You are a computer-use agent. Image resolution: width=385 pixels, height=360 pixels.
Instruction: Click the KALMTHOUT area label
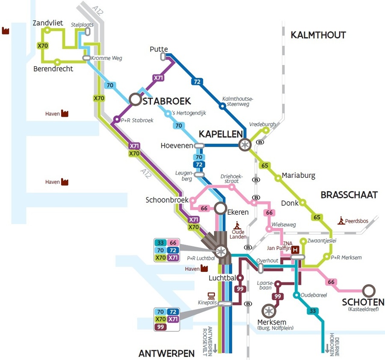[318, 35]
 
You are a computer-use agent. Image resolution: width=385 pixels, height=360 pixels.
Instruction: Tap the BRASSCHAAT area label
[349, 195]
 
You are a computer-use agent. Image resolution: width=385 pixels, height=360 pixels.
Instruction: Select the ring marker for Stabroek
[135, 100]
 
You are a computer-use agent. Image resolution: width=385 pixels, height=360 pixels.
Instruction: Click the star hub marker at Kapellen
[245, 145]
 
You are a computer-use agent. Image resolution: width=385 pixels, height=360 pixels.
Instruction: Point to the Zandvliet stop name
[48, 23]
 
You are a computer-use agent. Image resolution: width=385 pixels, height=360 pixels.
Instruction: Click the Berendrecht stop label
[53, 69]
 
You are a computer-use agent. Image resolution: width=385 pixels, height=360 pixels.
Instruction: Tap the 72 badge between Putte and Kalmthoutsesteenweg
[197, 82]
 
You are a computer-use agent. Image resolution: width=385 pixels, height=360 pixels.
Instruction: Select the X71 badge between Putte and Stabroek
[158, 78]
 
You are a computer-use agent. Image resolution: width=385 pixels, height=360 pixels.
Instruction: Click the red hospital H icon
[295, 249]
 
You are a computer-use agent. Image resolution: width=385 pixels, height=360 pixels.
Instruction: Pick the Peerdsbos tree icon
[341, 220]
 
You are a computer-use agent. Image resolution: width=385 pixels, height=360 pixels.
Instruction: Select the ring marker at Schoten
[368, 291]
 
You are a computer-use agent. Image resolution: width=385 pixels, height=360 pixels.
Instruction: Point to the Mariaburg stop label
[298, 175]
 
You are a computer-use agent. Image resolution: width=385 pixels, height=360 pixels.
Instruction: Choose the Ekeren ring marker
[220, 209]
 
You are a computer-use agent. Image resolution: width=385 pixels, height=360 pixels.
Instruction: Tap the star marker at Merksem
[269, 310]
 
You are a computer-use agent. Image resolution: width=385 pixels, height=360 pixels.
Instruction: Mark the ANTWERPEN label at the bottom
[166, 353]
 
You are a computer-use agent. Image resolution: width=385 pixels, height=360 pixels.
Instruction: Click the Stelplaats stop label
[82, 25]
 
